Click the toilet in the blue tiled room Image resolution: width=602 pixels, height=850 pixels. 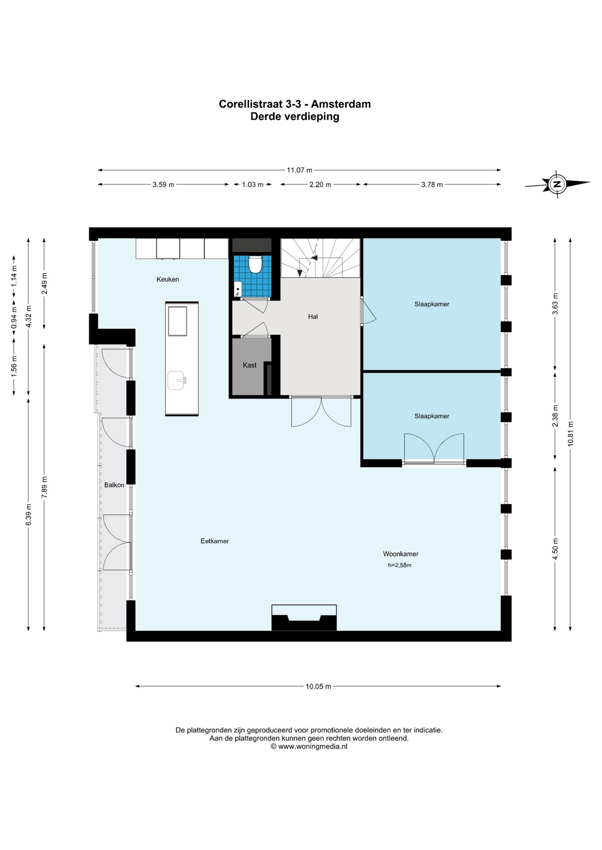255,264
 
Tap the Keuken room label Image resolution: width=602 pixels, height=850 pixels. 168,279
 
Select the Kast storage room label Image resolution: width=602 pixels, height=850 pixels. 250,365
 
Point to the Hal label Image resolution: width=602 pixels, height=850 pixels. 313,317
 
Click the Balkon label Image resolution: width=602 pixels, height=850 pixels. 114,485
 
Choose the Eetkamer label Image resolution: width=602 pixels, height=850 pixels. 215,541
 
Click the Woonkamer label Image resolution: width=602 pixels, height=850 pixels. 401,554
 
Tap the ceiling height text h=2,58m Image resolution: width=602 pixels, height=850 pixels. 400,565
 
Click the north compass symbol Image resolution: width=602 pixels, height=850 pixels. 557,184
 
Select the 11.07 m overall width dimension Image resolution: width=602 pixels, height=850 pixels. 300,170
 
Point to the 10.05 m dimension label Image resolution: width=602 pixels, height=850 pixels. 318,687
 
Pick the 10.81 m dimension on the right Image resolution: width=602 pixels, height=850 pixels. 571,433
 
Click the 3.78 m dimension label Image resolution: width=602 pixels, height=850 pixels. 432,185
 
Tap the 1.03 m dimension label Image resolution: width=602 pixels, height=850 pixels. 253,185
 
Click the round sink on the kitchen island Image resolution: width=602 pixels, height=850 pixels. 176,380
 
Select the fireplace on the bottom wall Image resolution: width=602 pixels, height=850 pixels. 304,618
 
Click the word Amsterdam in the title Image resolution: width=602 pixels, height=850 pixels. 341,104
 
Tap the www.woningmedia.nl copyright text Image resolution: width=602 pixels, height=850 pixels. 309,746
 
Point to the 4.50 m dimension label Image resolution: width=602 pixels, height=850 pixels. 555,549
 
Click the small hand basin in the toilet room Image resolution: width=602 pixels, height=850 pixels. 238,289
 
